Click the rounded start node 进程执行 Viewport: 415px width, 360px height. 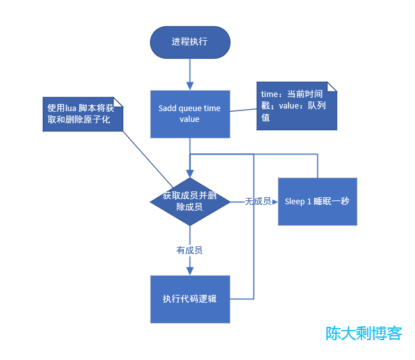190,42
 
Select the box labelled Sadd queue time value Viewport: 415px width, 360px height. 190,114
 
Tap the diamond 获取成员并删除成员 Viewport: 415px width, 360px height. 190,201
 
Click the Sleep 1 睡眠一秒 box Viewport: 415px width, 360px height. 317,201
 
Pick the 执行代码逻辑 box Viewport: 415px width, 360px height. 190,299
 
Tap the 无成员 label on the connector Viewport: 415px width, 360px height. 258,202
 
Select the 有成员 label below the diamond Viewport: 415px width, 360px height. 190,251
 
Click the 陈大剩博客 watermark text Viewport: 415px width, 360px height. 364,333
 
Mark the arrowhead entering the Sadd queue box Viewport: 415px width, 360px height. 190,86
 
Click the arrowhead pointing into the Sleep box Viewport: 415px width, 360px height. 275,202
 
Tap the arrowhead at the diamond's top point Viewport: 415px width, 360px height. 190,174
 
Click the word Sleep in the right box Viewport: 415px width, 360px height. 294,202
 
